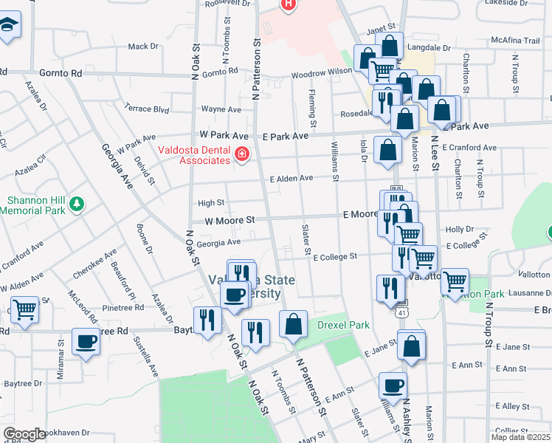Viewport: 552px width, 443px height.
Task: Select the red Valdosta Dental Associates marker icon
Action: (x=241, y=154)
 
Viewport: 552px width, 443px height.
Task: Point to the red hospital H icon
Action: (x=288, y=4)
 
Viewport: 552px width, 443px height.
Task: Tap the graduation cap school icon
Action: (x=9, y=28)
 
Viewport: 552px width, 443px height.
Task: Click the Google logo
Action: (x=24, y=434)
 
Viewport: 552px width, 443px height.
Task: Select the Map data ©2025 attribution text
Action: (x=520, y=437)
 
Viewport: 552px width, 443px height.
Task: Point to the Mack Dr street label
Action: (x=143, y=47)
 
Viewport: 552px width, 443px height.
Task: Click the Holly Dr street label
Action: (x=459, y=230)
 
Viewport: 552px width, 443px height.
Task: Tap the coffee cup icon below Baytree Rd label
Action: (x=86, y=343)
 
